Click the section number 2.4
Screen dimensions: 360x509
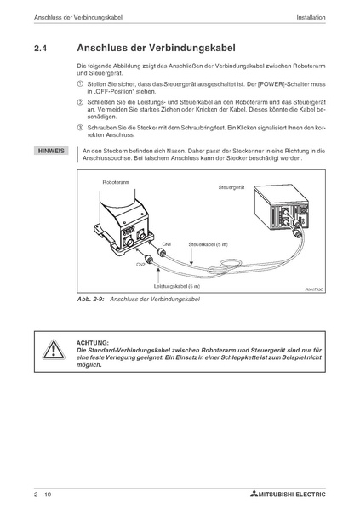(x=40, y=48)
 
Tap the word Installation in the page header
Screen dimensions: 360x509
(x=311, y=18)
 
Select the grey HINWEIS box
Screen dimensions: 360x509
(x=51, y=151)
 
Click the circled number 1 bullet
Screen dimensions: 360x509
(x=80, y=83)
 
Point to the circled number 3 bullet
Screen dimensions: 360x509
(x=80, y=128)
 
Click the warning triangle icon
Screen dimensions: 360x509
(x=54, y=350)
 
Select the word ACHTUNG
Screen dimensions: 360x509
(x=93, y=343)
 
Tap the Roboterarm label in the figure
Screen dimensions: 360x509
(x=116, y=182)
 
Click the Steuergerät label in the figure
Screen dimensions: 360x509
(x=231, y=187)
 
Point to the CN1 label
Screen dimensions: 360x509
(x=167, y=244)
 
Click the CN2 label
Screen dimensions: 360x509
(x=140, y=265)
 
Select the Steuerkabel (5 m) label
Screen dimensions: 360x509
(x=208, y=244)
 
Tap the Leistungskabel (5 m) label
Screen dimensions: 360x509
(x=177, y=286)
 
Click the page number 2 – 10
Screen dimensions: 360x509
(x=43, y=495)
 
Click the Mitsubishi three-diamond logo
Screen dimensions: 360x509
(x=254, y=494)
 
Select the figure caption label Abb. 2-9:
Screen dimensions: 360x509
(x=90, y=299)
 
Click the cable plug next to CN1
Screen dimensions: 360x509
(x=162, y=252)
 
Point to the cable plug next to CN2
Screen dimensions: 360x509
(x=150, y=260)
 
